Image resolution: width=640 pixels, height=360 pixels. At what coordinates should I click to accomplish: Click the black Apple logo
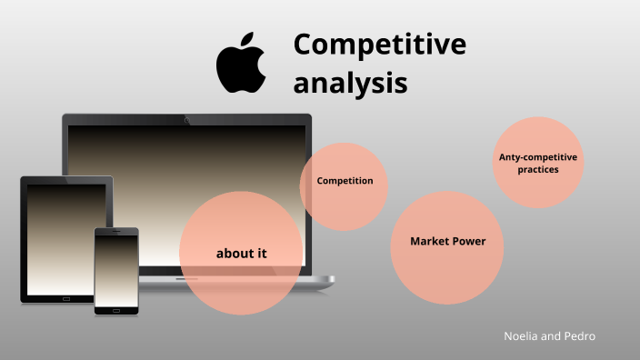[240, 68]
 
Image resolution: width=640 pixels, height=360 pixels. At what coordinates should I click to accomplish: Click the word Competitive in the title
[379, 45]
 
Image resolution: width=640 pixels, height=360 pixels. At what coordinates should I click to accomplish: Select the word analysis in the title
[350, 83]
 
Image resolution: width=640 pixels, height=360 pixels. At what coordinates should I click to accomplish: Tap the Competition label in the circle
[345, 181]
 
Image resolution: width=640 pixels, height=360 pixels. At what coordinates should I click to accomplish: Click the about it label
[241, 254]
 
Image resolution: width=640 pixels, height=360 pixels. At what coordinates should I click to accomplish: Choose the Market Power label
[447, 242]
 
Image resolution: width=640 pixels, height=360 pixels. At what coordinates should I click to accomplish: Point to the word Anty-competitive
[538, 157]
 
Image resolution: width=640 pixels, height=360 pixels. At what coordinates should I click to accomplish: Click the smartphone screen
[116, 269]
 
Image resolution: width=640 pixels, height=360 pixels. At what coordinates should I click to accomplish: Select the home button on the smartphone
[116, 310]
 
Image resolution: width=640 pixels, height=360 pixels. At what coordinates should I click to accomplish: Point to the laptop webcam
[186, 119]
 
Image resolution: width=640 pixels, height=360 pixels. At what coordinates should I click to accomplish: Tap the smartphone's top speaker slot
[116, 233]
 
